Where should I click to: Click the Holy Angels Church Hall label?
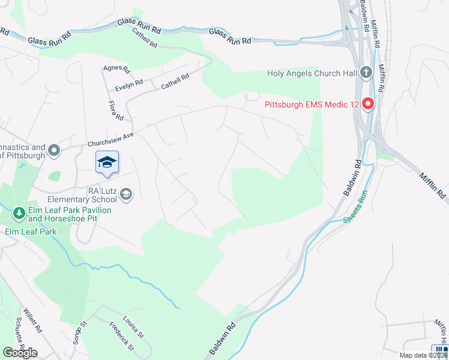312,74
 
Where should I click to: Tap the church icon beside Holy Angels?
366,74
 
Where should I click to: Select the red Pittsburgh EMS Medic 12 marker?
367,104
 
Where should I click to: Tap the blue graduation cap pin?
107,163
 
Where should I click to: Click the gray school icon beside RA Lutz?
127,193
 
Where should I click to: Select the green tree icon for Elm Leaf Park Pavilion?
19,213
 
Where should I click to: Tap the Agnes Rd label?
113,69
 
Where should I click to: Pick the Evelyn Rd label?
129,85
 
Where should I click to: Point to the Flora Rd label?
115,109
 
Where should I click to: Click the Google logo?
20,353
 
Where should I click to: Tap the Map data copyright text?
423,355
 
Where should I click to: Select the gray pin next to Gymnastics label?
55,151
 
